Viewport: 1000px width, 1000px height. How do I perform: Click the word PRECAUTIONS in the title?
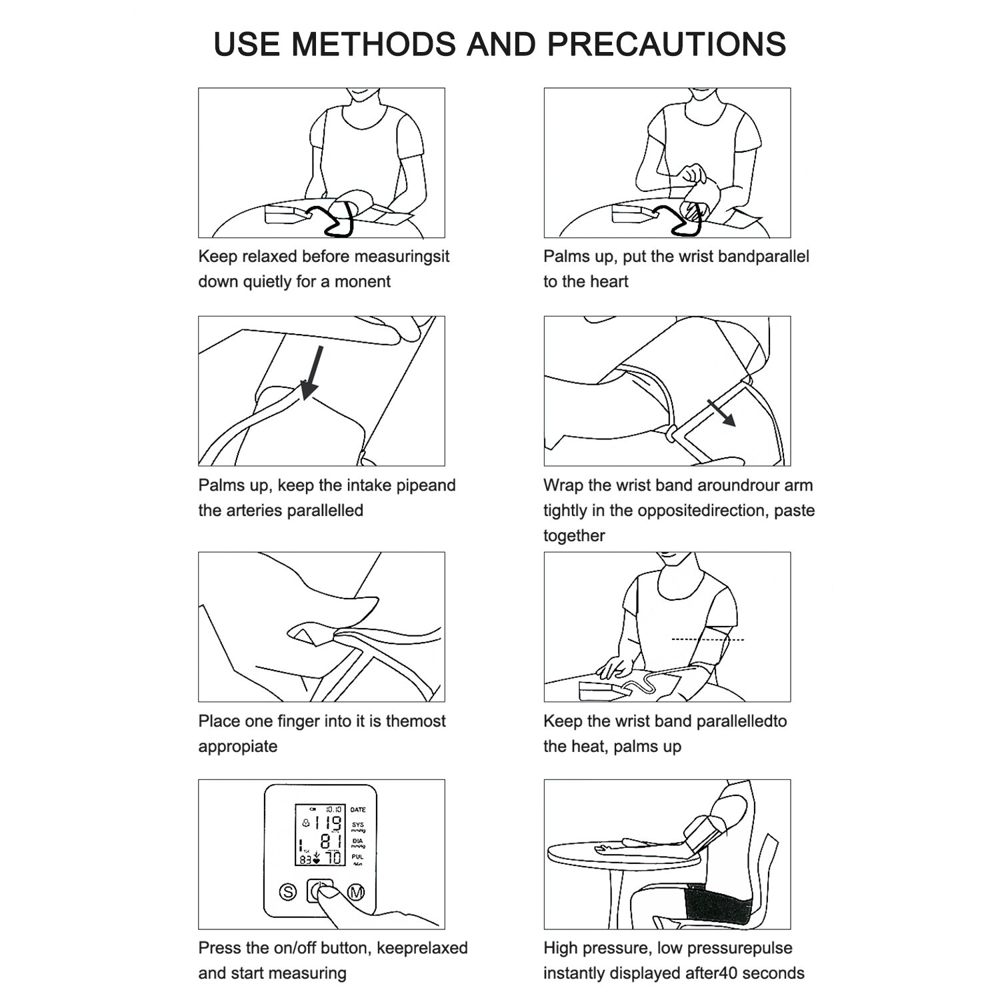tap(666, 44)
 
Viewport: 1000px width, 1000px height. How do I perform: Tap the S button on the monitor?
tap(287, 892)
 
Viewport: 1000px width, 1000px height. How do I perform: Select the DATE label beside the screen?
tap(358, 809)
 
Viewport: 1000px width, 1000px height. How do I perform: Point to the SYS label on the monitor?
tap(358, 825)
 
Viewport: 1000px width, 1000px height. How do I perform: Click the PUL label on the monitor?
tap(358, 857)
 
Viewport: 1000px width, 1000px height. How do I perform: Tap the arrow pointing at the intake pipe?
tap(311, 373)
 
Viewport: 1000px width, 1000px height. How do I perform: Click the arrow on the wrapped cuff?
tap(721, 413)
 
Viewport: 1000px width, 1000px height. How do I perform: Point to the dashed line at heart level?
tap(707, 640)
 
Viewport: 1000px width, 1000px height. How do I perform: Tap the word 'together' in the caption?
tap(573, 536)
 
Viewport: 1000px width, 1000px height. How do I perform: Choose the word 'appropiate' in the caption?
tap(237, 747)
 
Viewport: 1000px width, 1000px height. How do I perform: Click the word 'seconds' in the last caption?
tap(773, 973)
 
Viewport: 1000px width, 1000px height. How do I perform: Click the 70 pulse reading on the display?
tap(333, 857)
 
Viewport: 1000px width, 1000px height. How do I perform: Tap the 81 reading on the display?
tap(329, 841)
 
